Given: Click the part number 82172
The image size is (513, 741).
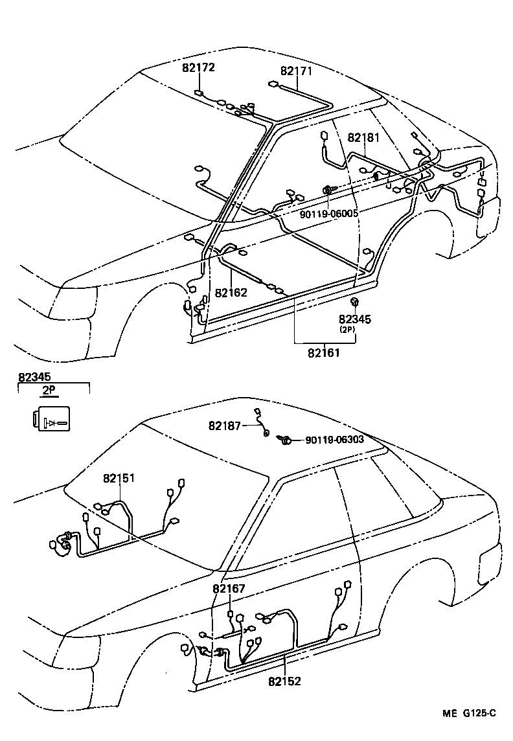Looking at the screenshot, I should [x=198, y=67].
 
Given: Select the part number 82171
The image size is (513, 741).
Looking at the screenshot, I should [x=297, y=71].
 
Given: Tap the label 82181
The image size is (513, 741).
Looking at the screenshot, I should [x=363, y=138].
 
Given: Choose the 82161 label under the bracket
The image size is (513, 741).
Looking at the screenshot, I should [x=324, y=353].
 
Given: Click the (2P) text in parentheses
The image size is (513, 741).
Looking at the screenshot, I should [x=347, y=329].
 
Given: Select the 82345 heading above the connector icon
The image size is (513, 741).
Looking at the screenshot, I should [x=34, y=376].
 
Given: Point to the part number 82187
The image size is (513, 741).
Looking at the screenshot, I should [x=225, y=426].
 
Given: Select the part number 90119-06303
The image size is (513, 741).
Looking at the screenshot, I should [x=334, y=440].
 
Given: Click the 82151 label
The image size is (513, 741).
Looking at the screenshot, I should [x=119, y=478].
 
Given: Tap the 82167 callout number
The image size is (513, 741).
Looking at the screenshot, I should [x=229, y=589].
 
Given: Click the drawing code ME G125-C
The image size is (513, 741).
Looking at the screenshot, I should [x=470, y=714].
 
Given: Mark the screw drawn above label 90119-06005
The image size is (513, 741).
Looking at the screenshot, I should [x=328, y=190].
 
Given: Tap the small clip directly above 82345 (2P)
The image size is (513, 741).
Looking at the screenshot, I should [x=354, y=302].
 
